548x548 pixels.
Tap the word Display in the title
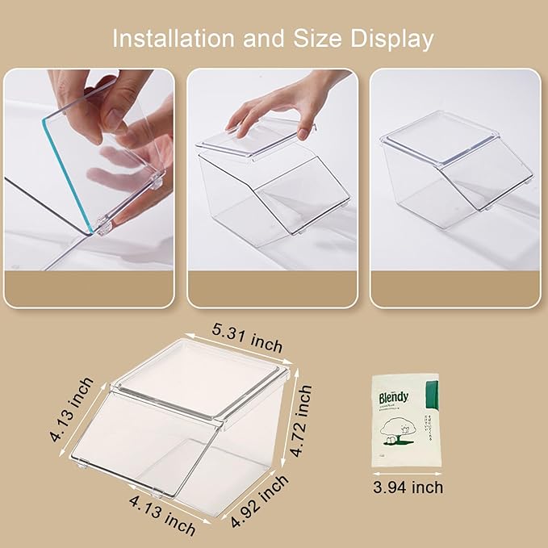[x=393, y=38]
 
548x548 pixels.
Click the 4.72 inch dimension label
[x=300, y=420]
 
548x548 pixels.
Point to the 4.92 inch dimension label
[x=259, y=500]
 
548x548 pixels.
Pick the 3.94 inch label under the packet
[x=408, y=487]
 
